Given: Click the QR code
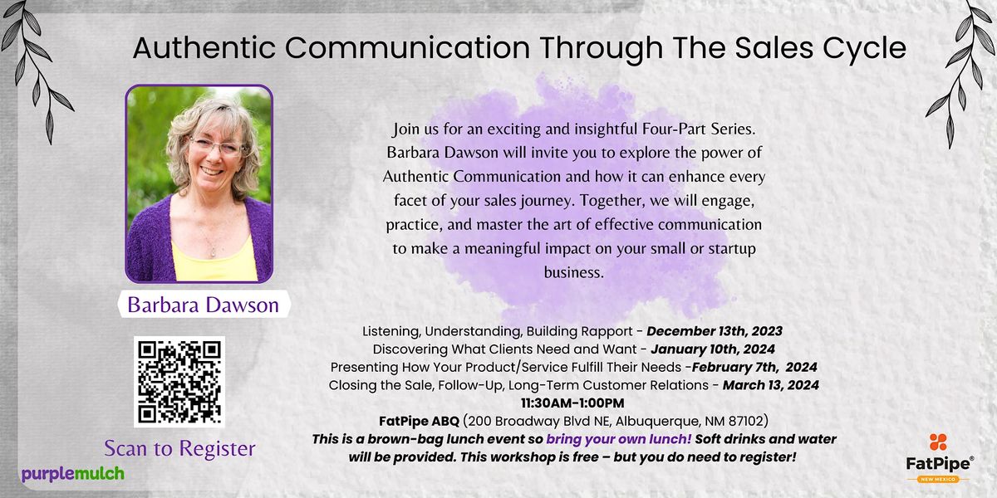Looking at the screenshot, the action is click(x=179, y=382).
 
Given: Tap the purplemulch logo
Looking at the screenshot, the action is click(x=73, y=474).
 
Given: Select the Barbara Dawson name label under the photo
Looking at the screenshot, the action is click(x=204, y=305).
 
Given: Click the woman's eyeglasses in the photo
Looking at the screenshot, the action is click(x=218, y=147).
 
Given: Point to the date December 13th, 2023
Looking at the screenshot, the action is click(x=715, y=331).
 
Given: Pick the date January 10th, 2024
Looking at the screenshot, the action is click(x=713, y=349).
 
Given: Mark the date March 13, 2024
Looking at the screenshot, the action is click(x=770, y=385).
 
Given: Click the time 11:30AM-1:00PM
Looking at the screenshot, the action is click(x=572, y=403).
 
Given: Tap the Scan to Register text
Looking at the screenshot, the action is click(x=179, y=448).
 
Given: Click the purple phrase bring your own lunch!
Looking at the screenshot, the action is click(x=619, y=439).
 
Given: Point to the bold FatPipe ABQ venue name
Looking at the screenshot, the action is click(x=419, y=421).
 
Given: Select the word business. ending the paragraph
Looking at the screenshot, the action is click(x=574, y=272).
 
